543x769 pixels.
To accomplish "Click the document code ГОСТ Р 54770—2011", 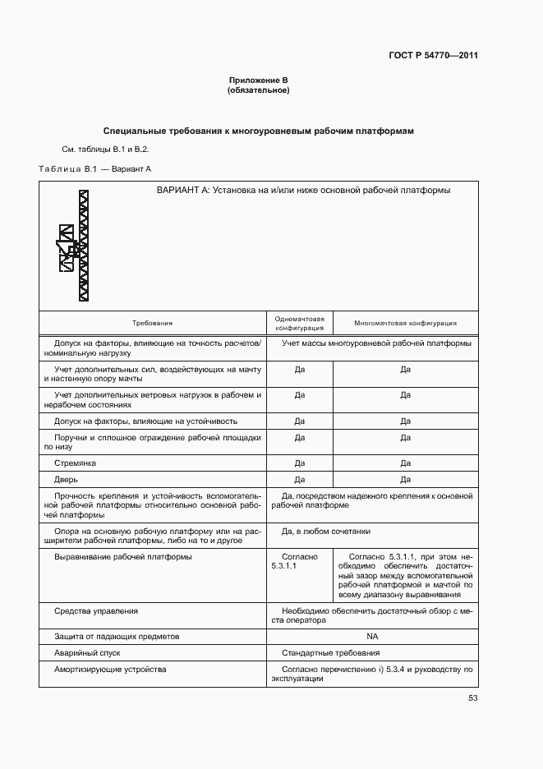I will pyautogui.click(x=433, y=56).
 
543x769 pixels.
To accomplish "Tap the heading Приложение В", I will pyautogui.click(x=258, y=81).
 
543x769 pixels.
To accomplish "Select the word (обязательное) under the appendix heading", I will pyautogui.click(x=258, y=90).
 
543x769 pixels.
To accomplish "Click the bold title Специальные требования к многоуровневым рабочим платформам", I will pyautogui.click(x=258, y=131).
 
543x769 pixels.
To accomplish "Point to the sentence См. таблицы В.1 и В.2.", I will pyautogui.click(x=105, y=150).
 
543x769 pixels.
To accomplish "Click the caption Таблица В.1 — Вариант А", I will pyautogui.click(x=95, y=168).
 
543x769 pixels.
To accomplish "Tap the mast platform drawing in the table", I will pyautogui.click(x=76, y=246).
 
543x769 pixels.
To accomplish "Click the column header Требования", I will pyautogui.click(x=153, y=324).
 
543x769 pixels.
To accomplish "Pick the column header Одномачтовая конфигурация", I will pyautogui.click(x=300, y=324).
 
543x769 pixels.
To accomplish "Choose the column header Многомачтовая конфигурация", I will pyautogui.click(x=405, y=324).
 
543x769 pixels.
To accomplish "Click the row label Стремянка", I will pyautogui.click(x=75, y=463).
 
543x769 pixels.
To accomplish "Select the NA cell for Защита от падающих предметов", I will pyautogui.click(x=372, y=637).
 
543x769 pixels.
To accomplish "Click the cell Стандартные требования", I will pyautogui.click(x=330, y=653).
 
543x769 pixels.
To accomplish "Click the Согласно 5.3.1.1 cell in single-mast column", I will pyautogui.click(x=299, y=561).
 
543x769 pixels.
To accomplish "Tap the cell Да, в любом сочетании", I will pyautogui.click(x=325, y=532).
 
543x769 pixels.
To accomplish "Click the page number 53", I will pyautogui.click(x=472, y=698).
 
